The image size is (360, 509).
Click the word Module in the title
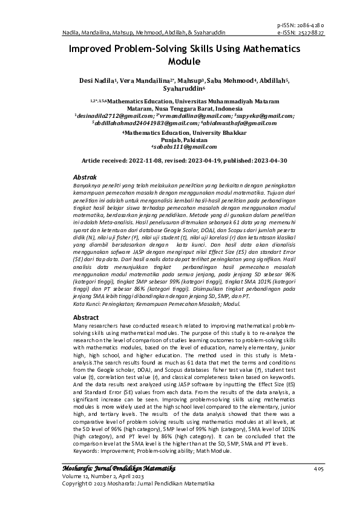click(x=180, y=61)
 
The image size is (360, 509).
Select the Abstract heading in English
click(x=85, y=317)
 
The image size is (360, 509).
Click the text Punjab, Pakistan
click(x=180, y=140)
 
